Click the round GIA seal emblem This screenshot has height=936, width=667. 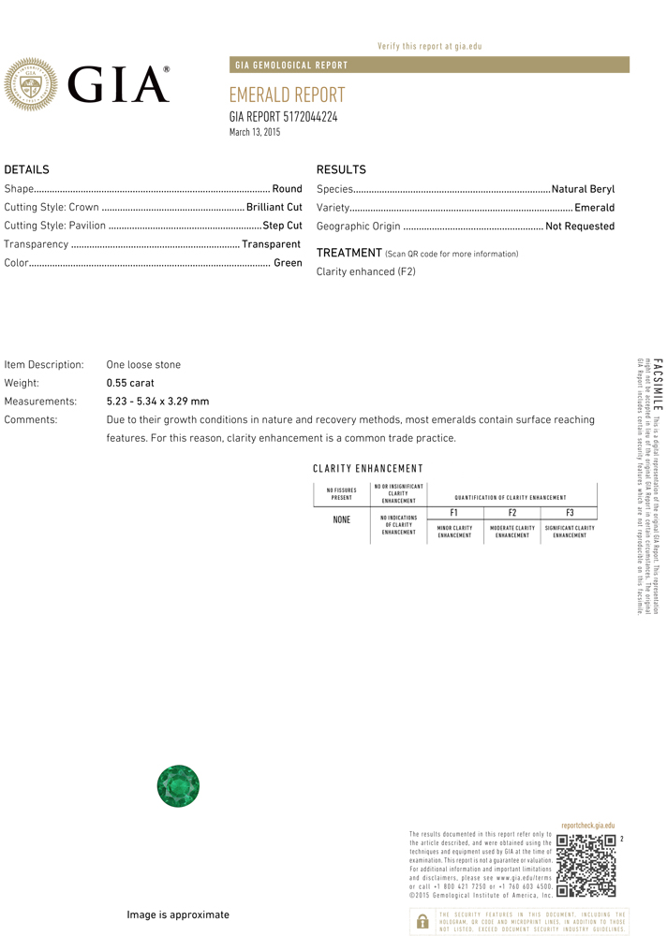pyautogui.click(x=32, y=84)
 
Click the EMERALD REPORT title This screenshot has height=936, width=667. pyautogui.click(x=287, y=95)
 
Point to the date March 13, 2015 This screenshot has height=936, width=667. pyautogui.click(x=255, y=132)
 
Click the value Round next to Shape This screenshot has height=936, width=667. pyautogui.click(x=287, y=189)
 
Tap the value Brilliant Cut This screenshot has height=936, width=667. pyautogui.click(x=274, y=207)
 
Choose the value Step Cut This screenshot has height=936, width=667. pyautogui.click(x=282, y=226)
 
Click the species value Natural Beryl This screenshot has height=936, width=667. pyautogui.click(x=583, y=189)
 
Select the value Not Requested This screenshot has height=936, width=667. pyautogui.click(x=580, y=227)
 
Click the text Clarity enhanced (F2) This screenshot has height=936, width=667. pyautogui.click(x=365, y=271)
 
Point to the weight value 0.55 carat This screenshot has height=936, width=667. pyautogui.click(x=130, y=383)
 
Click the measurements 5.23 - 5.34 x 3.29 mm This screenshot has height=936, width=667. pyautogui.click(x=157, y=402)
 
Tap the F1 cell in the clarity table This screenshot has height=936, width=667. pyautogui.click(x=454, y=513)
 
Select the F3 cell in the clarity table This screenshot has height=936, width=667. pyautogui.click(x=570, y=513)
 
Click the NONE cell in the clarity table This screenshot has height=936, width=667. pyautogui.click(x=341, y=519)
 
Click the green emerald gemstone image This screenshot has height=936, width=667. pyautogui.click(x=178, y=786)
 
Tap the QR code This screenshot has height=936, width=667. pyautogui.click(x=585, y=867)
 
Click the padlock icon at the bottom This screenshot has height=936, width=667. pyautogui.click(x=422, y=921)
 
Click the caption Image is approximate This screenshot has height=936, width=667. pyautogui.click(x=178, y=914)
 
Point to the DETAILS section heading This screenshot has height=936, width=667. pyautogui.click(x=26, y=169)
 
